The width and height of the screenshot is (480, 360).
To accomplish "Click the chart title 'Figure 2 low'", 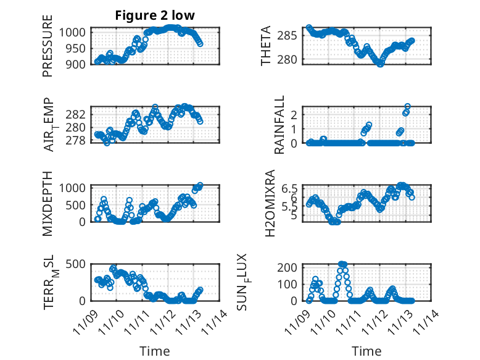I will tap(154, 16).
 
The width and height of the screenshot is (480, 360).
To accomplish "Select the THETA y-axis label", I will tap(266, 46).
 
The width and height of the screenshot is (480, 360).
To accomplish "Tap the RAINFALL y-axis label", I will tap(279, 125).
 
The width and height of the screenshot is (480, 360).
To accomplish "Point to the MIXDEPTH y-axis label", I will tap(48, 203).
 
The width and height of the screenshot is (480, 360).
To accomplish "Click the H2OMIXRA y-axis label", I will tap(270, 203).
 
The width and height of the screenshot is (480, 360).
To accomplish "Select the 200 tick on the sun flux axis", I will tap(293, 267).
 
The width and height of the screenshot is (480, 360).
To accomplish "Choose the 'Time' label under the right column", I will tap(366, 351).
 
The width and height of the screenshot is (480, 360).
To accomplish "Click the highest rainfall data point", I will tap(407, 107).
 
